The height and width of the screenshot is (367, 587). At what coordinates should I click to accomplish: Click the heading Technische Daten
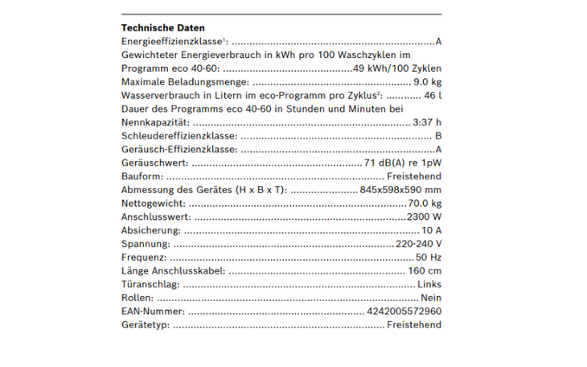[162, 27]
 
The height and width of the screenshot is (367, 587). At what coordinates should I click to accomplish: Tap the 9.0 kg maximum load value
[427, 82]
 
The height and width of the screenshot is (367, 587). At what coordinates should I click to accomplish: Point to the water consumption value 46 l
[433, 96]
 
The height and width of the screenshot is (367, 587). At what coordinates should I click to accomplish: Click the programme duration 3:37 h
[426, 122]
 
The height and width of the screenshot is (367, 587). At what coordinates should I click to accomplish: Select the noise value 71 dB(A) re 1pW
[403, 163]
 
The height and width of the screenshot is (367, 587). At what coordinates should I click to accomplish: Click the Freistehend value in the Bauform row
[413, 176]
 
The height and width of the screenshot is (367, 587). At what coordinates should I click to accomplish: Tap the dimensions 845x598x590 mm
[400, 190]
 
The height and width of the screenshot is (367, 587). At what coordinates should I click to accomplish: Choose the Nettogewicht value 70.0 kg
[425, 204]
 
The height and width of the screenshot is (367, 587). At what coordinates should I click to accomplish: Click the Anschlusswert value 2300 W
[424, 217]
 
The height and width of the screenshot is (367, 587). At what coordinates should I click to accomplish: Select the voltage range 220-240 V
[418, 244]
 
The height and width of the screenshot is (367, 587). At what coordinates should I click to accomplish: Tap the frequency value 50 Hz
[429, 258]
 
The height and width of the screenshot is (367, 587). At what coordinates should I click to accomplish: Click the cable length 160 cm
[425, 271]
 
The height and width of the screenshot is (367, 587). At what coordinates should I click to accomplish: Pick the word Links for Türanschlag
[429, 284]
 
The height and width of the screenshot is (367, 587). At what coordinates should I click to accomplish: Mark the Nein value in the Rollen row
[431, 298]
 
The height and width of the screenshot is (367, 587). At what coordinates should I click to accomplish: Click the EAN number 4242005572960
[404, 311]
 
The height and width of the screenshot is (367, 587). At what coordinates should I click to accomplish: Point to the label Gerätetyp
[144, 325]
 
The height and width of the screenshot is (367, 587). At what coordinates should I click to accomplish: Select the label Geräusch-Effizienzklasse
[179, 150]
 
